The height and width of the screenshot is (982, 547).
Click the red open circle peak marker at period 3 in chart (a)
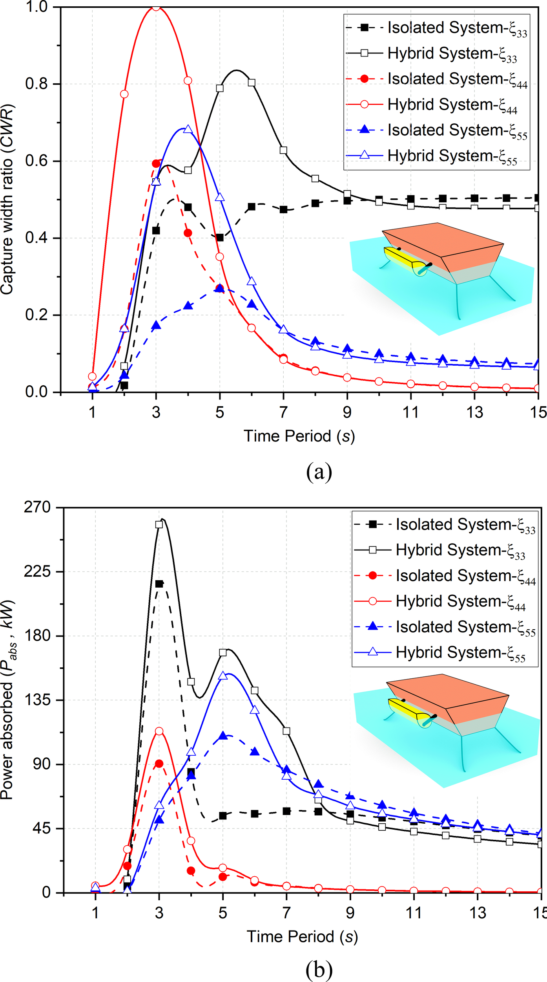pyautogui.click(x=156, y=7)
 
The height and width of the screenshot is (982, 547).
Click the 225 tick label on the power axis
pyautogui.click(x=38, y=571)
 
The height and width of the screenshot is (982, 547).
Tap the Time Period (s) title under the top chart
pyautogui.click(x=299, y=436)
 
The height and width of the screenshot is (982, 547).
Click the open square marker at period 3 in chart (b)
pyautogui.click(x=159, y=525)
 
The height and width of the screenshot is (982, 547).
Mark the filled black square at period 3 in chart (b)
pyautogui.click(x=159, y=584)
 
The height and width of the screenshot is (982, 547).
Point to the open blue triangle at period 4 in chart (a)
pyautogui.click(x=188, y=129)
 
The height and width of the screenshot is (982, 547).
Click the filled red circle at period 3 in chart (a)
pyautogui.click(x=156, y=163)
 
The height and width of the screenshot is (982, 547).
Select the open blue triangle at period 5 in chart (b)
pyautogui.click(x=223, y=676)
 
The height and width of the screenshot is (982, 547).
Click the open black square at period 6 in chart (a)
pyautogui.click(x=252, y=83)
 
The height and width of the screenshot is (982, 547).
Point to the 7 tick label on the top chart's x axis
pyautogui.click(x=283, y=412)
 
